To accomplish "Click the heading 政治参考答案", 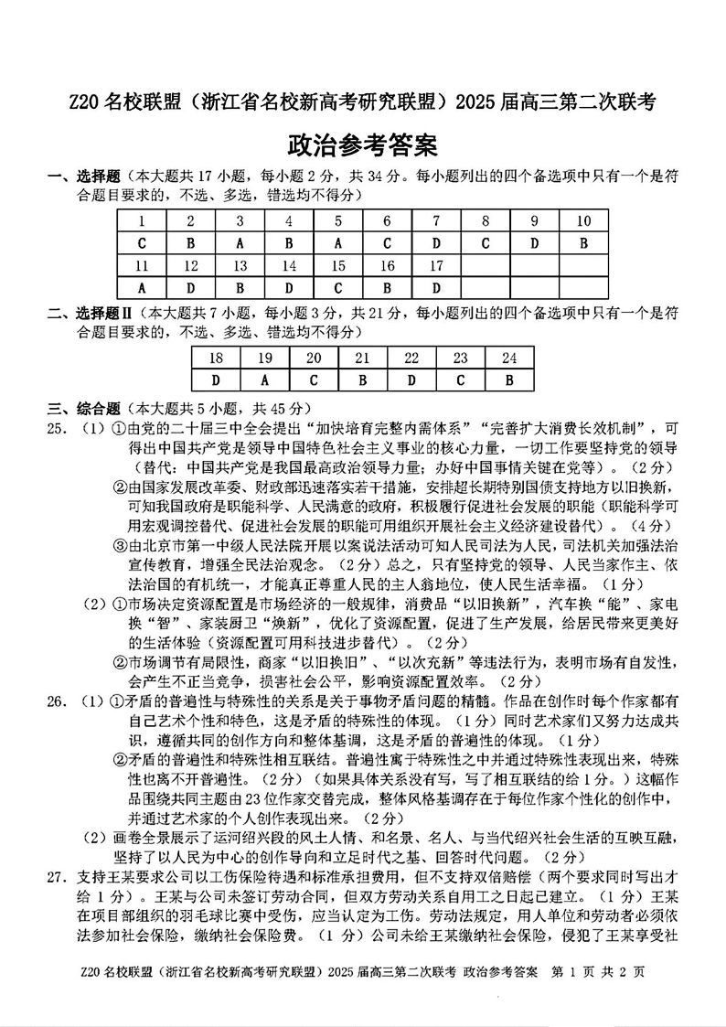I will (x=362, y=145).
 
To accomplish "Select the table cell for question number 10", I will (x=584, y=220).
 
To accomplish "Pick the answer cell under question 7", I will (x=436, y=243).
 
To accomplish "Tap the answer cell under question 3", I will (x=240, y=243).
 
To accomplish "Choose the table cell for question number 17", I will (x=436, y=266).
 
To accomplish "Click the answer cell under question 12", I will (x=190, y=289).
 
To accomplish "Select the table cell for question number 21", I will (x=362, y=358).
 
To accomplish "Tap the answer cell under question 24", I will (x=509, y=380).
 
